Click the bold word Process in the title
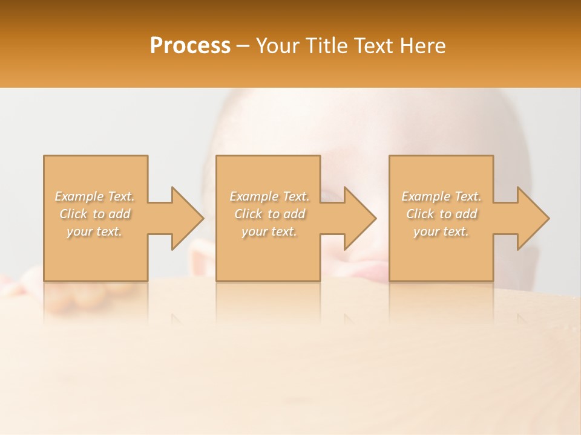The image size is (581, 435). click(190, 46)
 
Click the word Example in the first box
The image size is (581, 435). click(80, 196)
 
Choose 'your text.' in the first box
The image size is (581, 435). click(94, 231)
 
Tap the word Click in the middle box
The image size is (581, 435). click(248, 214)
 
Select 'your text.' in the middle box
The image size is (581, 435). click(269, 231)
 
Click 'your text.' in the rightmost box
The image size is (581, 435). click(441, 231)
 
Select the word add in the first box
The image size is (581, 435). click(119, 214)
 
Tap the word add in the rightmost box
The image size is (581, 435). click(466, 214)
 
